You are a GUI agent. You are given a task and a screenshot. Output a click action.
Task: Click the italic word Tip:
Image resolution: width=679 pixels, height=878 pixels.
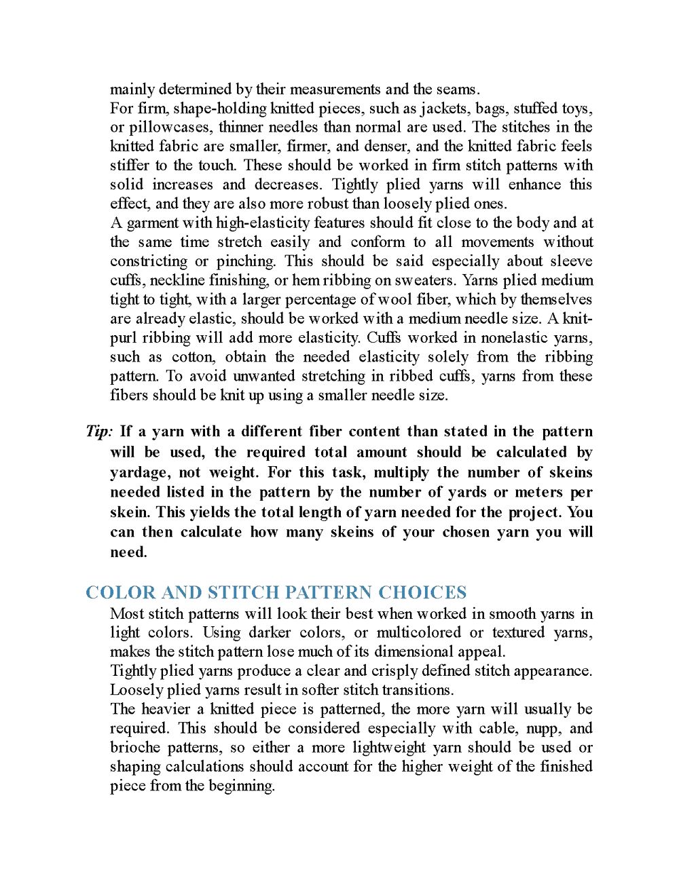tap(99, 432)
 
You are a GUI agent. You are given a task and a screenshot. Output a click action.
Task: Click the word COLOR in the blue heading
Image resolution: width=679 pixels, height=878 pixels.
tap(121, 592)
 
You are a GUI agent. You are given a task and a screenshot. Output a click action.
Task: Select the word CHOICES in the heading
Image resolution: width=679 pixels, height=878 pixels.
tap(422, 592)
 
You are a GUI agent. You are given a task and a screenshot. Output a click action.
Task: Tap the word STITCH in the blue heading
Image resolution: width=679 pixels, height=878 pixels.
tap(243, 592)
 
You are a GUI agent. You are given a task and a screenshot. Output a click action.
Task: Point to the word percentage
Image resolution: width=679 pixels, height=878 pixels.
tap(311, 299)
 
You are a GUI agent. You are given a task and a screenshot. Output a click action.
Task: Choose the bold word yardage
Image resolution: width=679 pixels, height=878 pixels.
tap(141, 472)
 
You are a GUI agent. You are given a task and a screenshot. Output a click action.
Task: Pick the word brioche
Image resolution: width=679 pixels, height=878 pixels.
tap(136, 747)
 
